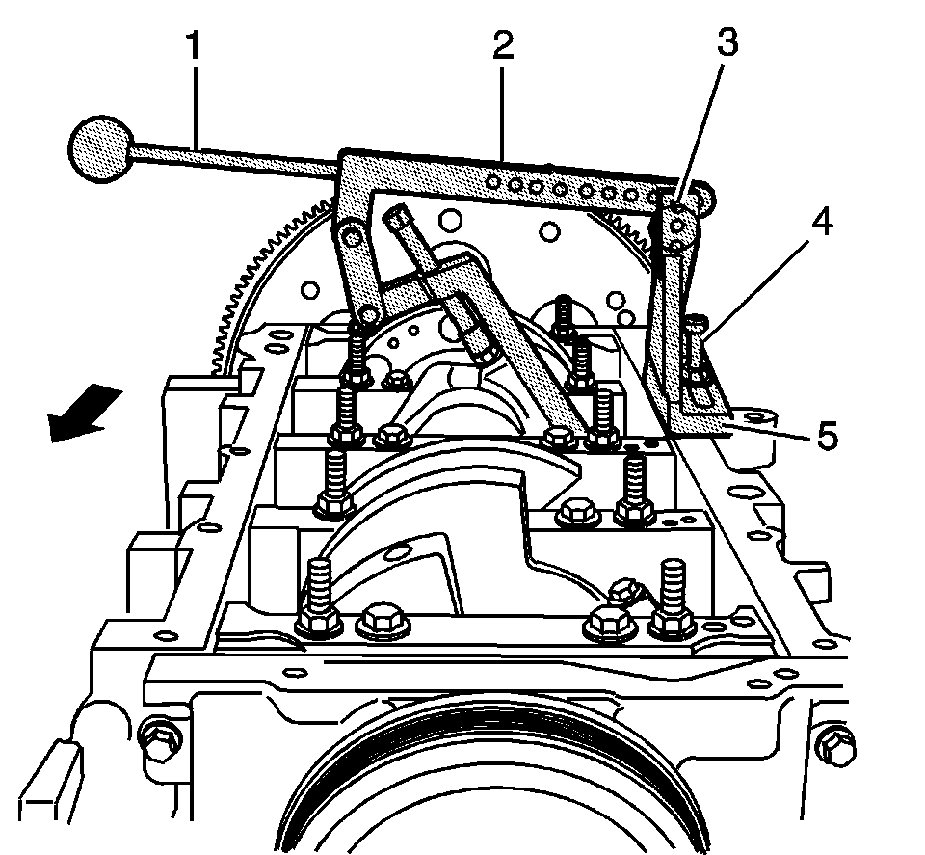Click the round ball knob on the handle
[101, 149]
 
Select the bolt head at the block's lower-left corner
[156, 739]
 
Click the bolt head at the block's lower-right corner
[834, 743]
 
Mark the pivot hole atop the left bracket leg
[351, 235]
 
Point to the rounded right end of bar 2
[705, 200]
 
